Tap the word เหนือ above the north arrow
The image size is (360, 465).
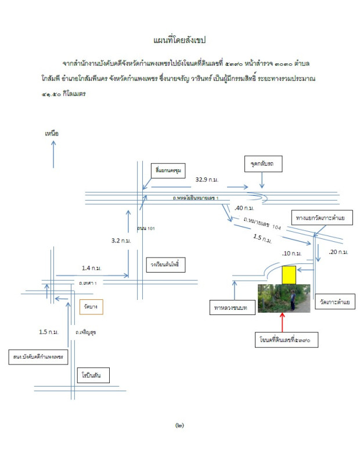point(52,133)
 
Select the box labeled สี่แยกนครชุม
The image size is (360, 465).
point(166,170)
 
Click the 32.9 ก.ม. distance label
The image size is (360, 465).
point(207,180)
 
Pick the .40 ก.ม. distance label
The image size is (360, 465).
point(244,208)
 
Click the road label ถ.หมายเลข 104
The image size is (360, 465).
point(262,224)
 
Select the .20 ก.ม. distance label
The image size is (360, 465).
point(338,252)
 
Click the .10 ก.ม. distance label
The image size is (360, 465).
point(291,253)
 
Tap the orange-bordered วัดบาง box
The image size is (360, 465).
point(91,306)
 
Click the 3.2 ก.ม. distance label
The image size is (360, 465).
point(121,239)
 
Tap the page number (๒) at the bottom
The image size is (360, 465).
point(179,425)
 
